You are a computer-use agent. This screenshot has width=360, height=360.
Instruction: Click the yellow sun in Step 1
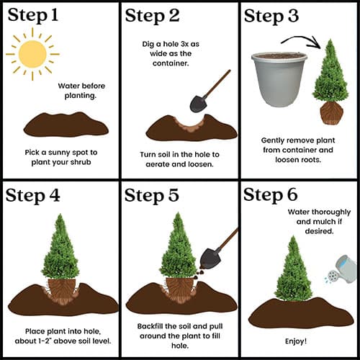[32, 54]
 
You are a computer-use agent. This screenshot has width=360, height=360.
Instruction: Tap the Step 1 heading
[33, 15]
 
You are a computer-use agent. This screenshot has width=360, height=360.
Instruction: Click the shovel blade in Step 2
[199, 104]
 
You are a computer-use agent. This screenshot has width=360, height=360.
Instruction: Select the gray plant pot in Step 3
[279, 79]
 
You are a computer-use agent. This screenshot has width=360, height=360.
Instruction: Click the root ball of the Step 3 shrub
[331, 113]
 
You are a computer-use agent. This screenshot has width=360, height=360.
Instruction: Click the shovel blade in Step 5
[210, 258]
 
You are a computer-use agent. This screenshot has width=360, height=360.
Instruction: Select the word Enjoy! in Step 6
[296, 341]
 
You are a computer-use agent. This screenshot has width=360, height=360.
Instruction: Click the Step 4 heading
[32, 195]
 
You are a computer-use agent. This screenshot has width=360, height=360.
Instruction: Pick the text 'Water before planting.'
[81, 91]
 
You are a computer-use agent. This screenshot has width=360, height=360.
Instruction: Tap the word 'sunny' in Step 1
[59, 153]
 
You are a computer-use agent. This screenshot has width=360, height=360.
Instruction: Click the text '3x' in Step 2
[184, 44]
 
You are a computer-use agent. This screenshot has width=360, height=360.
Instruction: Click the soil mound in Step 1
[66, 125]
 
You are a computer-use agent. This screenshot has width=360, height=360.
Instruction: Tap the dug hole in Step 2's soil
[190, 124]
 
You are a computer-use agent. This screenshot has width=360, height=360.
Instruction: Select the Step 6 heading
[271, 195]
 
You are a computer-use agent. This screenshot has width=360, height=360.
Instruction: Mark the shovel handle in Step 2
[217, 84]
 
